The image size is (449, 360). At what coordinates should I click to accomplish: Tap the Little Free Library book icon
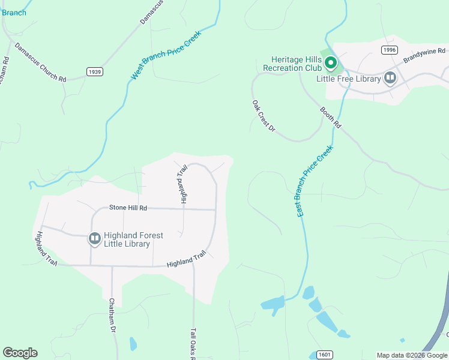[x=390, y=78]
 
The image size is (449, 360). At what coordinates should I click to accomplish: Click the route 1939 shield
[x=94, y=71]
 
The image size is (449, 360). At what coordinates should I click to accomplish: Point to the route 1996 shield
[x=388, y=50]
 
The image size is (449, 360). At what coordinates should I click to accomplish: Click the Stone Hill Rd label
[x=128, y=208]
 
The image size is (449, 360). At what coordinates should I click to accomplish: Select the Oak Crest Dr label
[x=263, y=116]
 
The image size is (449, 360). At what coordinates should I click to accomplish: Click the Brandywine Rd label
[x=422, y=56]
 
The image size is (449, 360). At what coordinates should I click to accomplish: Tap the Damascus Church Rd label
[x=40, y=62]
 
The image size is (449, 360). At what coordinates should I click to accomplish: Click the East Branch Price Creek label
[x=315, y=181]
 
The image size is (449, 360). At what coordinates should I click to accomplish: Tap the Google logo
[x=20, y=353]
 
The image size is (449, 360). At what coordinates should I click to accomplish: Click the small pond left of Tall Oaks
[x=133, y=344]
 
